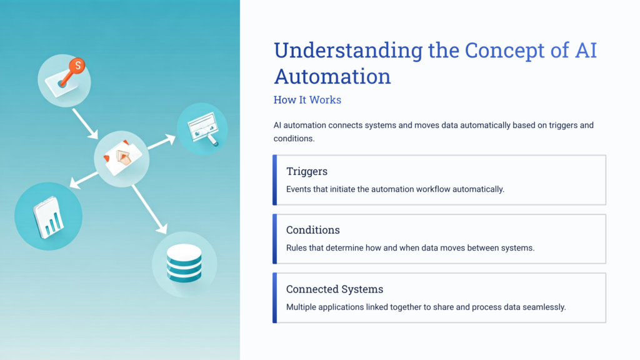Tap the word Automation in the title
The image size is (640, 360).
[332, 76]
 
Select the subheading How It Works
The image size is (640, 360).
[307, 100]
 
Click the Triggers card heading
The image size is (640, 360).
[307, 171]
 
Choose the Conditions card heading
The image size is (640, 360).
[313, 230]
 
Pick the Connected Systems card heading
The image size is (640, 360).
[334, 289]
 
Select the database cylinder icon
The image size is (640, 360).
[184, 263]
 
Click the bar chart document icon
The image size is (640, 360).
[49, 216]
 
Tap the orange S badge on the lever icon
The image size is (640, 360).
[77, 65]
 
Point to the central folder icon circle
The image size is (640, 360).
[121, 157]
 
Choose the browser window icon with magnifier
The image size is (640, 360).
[202, 129]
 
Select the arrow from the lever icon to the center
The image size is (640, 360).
[85, 124]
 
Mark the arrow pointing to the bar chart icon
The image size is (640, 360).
[83, 179]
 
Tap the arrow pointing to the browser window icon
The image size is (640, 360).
[161, 141]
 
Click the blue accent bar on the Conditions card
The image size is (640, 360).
[274, 239]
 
